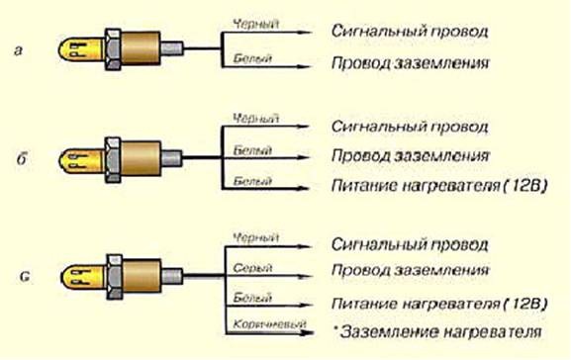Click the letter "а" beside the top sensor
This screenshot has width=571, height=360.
18,49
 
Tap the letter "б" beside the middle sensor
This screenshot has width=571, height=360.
22,158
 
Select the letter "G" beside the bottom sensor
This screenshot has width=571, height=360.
25,277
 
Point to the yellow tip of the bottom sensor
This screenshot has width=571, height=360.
83,277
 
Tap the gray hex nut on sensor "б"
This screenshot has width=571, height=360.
113,159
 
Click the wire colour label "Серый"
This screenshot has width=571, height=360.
252,268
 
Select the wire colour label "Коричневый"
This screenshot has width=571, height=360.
269,323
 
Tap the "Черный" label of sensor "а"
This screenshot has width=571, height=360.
256,25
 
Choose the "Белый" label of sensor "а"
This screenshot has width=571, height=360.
252,58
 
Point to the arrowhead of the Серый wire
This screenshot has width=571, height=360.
306,276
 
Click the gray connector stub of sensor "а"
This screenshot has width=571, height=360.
171,49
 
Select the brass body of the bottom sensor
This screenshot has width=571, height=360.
143,277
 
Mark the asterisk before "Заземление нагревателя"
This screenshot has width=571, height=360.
335,326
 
